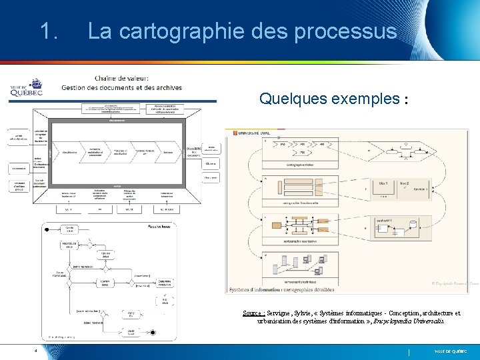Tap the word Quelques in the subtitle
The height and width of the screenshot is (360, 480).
(290, 99)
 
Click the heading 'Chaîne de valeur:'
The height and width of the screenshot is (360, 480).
(126, 77)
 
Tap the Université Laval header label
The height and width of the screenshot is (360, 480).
(255, 134)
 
